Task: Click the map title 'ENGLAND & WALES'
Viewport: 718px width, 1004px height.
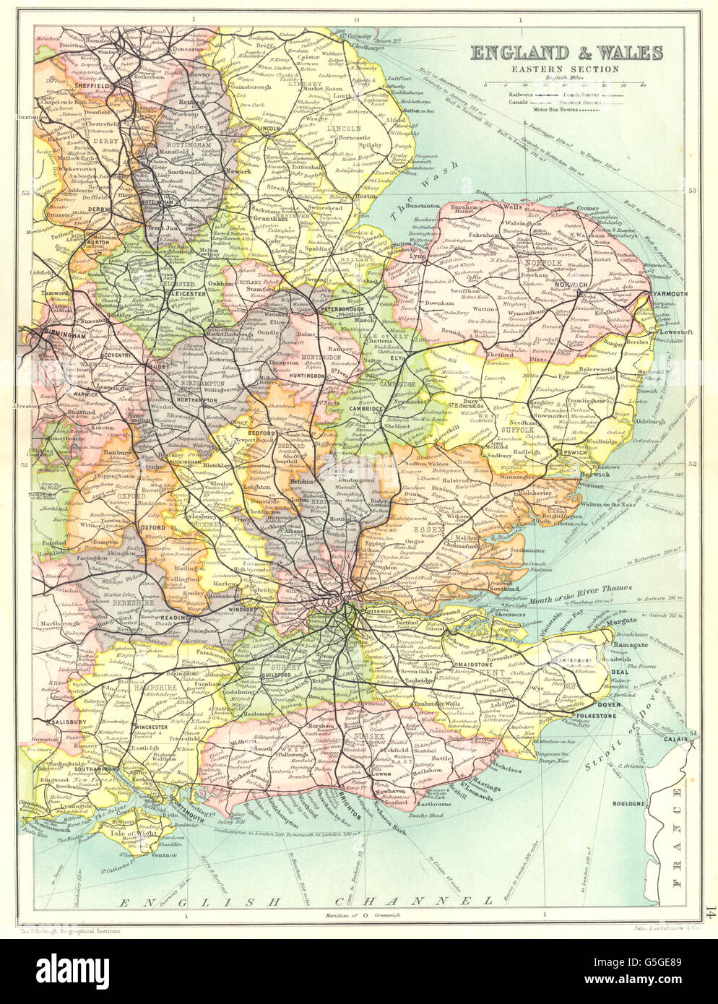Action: pos(566,53)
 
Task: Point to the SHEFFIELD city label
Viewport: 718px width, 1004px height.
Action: pos(91,85)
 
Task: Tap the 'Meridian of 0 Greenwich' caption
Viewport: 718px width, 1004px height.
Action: pos(361,917)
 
